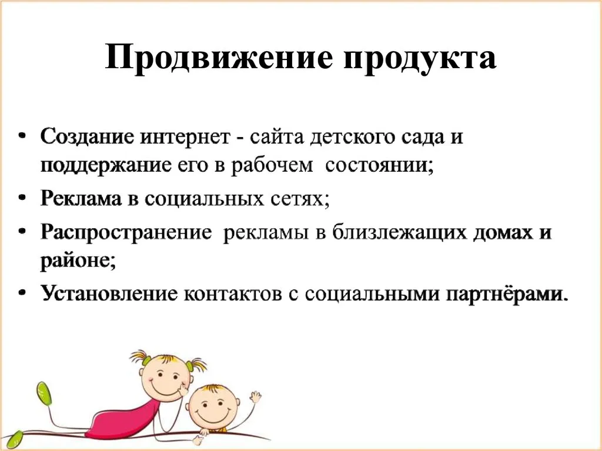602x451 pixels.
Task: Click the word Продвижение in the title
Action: [219, 58]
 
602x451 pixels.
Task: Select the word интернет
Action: [185, 138]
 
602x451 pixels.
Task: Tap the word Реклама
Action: [81, 199]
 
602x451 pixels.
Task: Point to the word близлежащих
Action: [399, 232]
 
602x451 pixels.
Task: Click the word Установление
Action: [109, 294]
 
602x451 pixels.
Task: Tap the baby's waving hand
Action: [255, 396]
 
